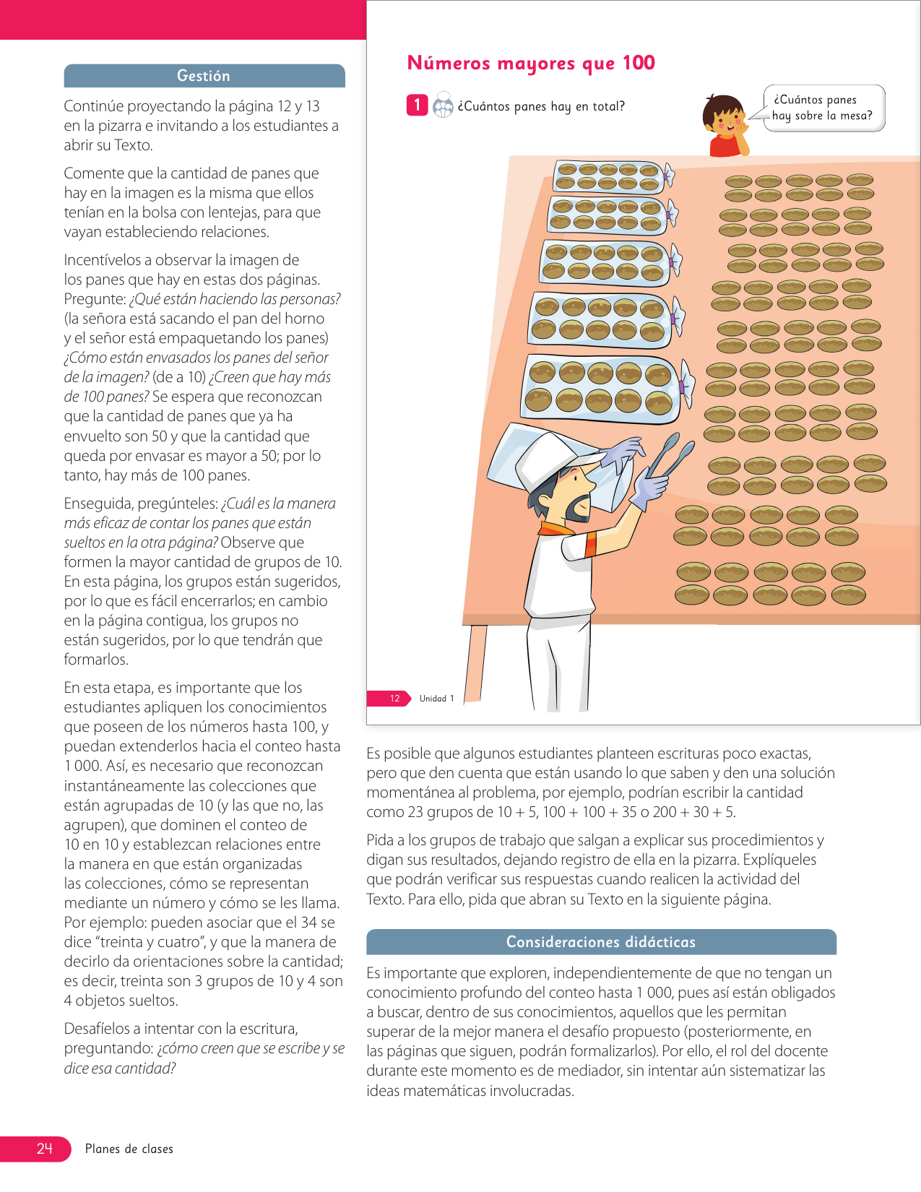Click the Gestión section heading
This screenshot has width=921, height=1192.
click(x=204, y=76)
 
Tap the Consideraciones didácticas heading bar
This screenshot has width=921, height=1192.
click(x=600, y=942)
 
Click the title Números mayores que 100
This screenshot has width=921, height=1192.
click(x=531, y=64)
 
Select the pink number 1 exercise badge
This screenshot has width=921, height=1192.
click(x=417, y=105)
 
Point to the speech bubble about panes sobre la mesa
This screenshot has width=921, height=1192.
click(x=823, y=108)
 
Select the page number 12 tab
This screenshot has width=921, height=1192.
click(x=392, y=699)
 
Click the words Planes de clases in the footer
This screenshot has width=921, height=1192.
click(x=129, y=1149)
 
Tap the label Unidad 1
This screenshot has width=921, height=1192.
click(x=436, y=699)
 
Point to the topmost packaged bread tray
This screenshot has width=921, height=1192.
click(x=608, y=177)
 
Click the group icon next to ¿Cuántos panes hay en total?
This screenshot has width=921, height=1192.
click(x=443, y=106)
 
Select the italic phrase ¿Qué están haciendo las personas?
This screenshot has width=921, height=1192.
click(x=235, y=299)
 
